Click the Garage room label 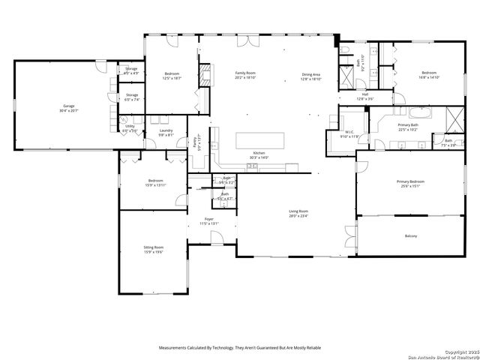(69, 106)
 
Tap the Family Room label (246, 73)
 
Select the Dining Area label (310, 73)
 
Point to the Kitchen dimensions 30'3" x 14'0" (259, 157)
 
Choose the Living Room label (298, 211)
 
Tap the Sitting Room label (154, 247)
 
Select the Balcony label (410, 236)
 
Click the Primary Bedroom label (410, 182)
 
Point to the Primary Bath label (408, 124)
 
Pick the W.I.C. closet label (350, 132)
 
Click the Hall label (364, 94)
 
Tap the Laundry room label (166, 130)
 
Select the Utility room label (130, 126)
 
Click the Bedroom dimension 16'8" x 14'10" (429, 77)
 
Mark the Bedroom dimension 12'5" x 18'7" (171, 77)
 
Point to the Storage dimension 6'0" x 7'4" (131, 99)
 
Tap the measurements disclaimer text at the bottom (239, 348)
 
